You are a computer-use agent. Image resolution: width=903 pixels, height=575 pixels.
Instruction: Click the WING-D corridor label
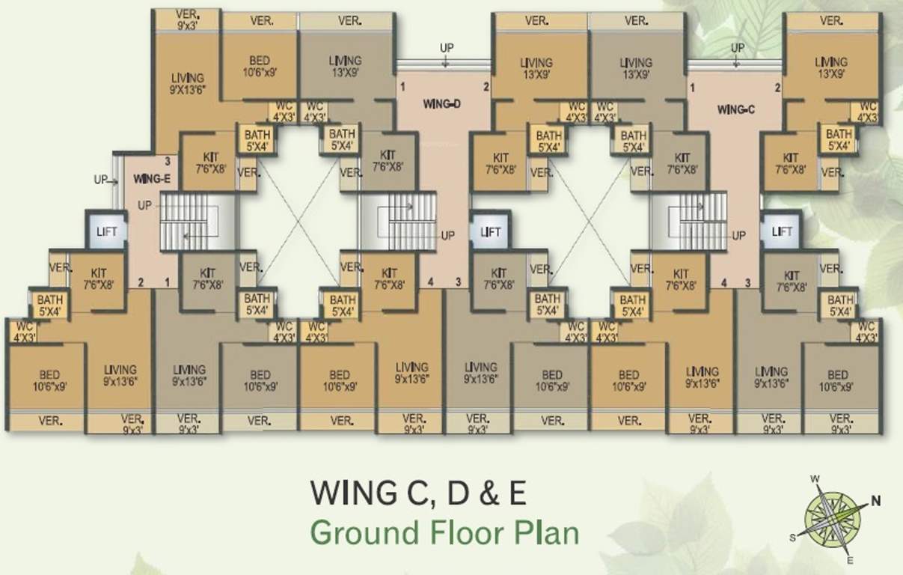[x=442, y=104]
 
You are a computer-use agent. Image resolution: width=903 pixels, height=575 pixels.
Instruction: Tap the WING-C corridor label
[x=735, y=109]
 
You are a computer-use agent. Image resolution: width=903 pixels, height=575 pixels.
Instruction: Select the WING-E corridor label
[x=152, y=179]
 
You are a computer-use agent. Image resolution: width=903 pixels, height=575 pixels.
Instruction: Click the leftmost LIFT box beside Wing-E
[x=107, y=231]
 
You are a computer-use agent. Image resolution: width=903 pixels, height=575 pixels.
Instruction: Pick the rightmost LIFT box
[x=781, y=231]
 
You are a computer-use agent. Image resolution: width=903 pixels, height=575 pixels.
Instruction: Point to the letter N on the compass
[x=875, y=501]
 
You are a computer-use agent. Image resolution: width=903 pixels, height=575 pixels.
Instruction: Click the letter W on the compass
[x=815, y=479]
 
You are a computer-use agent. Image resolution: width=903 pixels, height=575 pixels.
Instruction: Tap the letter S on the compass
[x=792, y=538]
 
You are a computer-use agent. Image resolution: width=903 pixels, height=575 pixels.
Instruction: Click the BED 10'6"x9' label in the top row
[x=260, y=67]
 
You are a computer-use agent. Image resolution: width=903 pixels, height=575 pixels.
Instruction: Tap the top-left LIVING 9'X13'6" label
[x=188, y=84]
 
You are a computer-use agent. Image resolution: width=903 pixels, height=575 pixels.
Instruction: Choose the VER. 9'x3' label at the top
[x=187, y=19]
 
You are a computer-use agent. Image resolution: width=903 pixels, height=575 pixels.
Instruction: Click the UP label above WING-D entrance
[x=447, y=48]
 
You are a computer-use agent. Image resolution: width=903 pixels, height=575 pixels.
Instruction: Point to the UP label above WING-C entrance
[x=738, y=48]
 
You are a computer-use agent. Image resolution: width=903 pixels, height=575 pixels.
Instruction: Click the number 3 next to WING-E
[x=168, y=162]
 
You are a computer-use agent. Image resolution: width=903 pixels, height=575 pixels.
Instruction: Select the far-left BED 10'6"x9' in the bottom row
[x=49, y=380]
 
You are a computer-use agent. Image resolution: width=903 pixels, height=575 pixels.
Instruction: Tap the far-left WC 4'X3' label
[x=24, y=332]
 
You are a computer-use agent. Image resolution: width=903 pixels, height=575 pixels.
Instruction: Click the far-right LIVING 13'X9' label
[x=831, y=68]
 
